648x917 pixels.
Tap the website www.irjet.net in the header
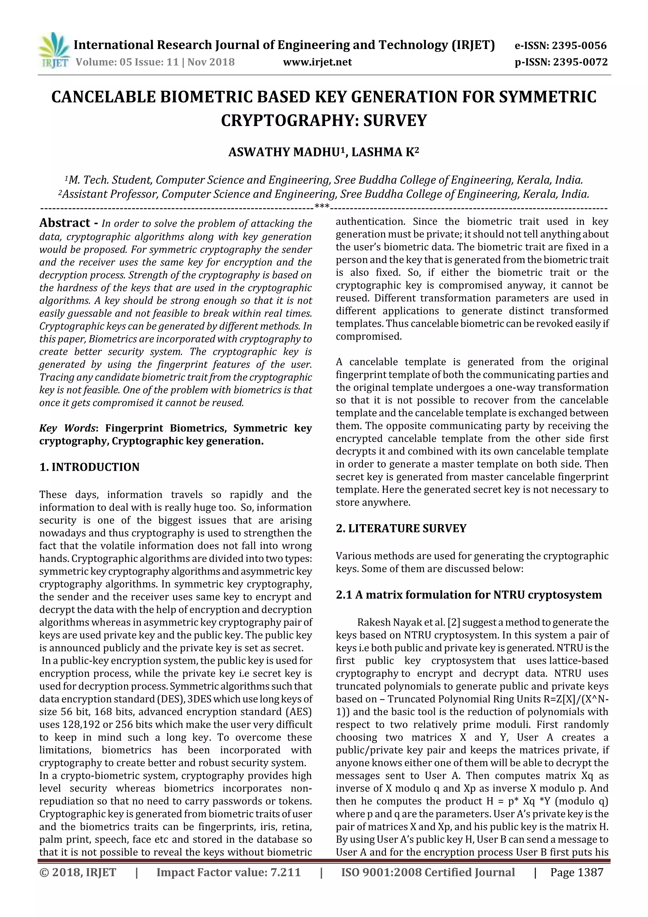(317, 62)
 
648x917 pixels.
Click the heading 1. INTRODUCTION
(90, 467)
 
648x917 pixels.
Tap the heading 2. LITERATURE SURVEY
(401, 528)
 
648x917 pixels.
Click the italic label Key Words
(67, 429)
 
